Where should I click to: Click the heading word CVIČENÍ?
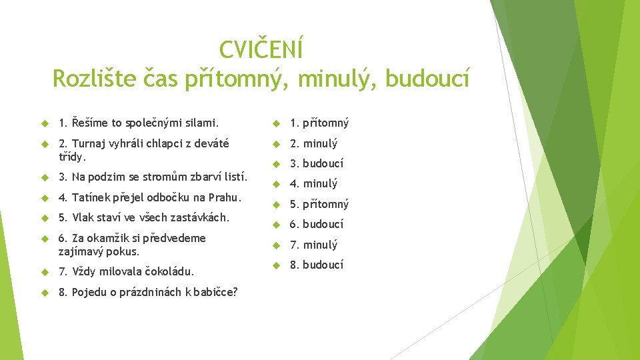[x=261, y=49]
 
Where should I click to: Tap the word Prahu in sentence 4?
[x=225, y=197]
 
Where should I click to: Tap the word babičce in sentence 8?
[x=215, y=292]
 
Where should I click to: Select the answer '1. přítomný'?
[x=319, y=123]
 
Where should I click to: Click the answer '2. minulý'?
[x=313, y=143]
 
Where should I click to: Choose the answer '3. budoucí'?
[x=316, y=163]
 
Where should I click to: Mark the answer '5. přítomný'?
[x=319, y=204]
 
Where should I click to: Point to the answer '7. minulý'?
[x=313, y=245]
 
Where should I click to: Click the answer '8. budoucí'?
[x=316, y=265]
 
